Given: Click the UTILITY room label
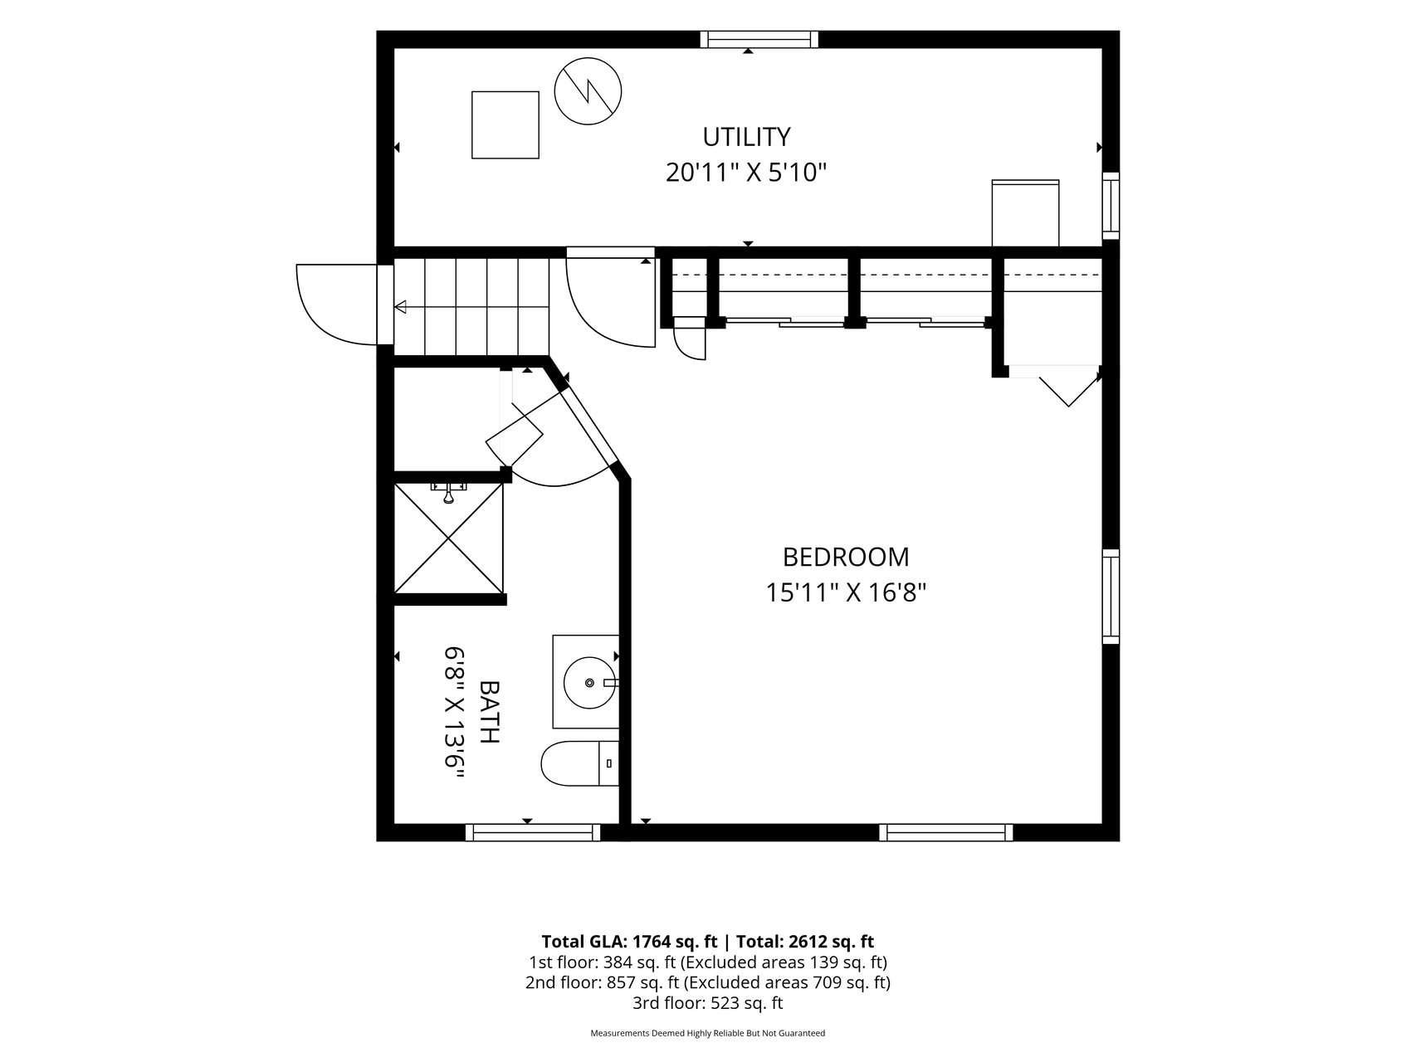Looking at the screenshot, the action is pyautogui.click(x=746, y=136).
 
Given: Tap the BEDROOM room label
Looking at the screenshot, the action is pyautogui.click(x=846, y=556).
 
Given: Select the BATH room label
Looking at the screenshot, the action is pyautogui.click(x=490, y=712).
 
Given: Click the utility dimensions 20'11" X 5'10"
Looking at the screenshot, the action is pyautogui.click(x=746, y=173).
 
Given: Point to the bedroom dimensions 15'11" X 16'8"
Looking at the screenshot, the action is pyautogui.click(x=846, y=592).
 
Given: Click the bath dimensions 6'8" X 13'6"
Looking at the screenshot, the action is pyautogui.click(x=453, y=712).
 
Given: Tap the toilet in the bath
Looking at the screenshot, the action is pyautogui.click(x=579, y=763).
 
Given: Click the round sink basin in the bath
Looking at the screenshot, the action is pyautogui.click(x=590, y=683).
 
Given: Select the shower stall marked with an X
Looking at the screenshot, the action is pyautogui.click(x=448, y=538).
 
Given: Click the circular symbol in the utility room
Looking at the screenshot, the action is pyautogui.click(x=588, y=91).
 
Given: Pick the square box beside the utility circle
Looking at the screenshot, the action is pyautogui.click(x=505, y=124).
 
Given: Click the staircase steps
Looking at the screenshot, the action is pyautogui.click(x=471, y=306).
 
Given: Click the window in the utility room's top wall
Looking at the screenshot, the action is pyautogui.click(x=759, y=39).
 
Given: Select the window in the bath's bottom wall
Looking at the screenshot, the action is pyautogui.click(x=533, y=832).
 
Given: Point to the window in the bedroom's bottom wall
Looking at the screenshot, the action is pyautogui.click(x=946, y=832).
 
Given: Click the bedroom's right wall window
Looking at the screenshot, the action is pyautogui.click(x=1111, y=597).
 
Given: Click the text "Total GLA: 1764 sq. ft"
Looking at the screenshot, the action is pyautogui.click(x=629, y=942).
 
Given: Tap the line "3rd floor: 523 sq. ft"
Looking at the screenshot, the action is pyautogui.click(x=707, y=1003).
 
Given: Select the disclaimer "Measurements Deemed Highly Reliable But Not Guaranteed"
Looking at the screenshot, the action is pyautogui.click(x=707, y=1034).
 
